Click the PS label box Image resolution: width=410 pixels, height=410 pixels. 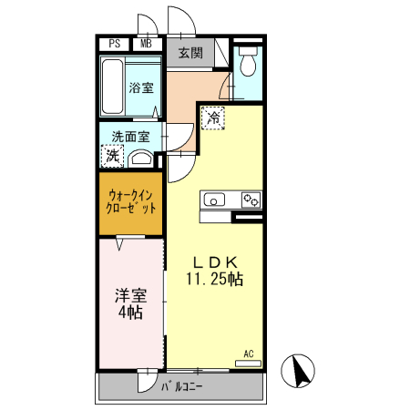[x=115, y=43]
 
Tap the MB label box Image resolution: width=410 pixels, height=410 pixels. [x=146, y=43]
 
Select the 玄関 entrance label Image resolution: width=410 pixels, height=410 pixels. [x=190, y=52]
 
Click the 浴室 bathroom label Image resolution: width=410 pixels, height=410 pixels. [x=141, y=89]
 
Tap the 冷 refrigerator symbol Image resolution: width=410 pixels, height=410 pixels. [x=213, y=117]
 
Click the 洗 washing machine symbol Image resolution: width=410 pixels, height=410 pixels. [x=112, y=157]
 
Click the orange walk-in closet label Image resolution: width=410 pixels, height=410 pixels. [x=131, y=200]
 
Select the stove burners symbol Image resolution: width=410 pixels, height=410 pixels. [x=251, y=199]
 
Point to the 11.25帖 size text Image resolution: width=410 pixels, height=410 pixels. [x=216, y=280]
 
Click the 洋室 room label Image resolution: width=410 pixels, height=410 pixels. [x=129, y=295]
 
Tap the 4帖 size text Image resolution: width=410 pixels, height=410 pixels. [x=129, y=314]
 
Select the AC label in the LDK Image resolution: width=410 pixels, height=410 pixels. [x=248, y=353]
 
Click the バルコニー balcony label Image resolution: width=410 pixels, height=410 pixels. [x=182, y=386]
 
